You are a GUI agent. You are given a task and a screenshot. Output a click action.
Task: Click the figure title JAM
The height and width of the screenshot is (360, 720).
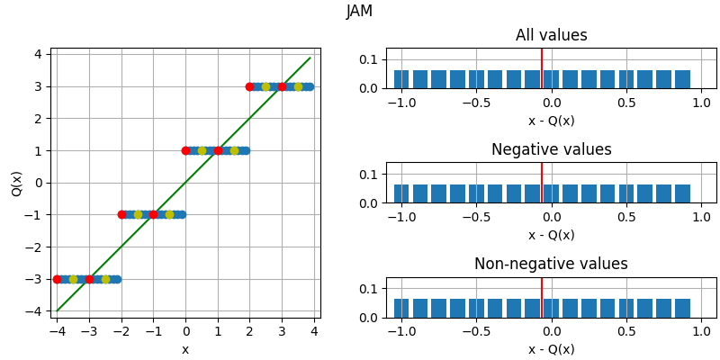(359, 12)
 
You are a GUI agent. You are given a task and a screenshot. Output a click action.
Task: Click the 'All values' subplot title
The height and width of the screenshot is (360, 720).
(551, 36)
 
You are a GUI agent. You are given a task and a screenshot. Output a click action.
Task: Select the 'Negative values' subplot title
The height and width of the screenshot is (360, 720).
(551, 150)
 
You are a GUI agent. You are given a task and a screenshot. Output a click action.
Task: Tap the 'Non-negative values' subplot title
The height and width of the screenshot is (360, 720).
(551, 265)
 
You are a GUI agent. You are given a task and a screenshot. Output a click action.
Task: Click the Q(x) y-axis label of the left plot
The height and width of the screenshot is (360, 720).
(17, 183)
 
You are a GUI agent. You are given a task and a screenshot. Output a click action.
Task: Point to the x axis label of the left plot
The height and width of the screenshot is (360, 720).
(185, 349)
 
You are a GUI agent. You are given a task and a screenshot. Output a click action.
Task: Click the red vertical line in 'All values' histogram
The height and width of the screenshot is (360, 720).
(542, 68)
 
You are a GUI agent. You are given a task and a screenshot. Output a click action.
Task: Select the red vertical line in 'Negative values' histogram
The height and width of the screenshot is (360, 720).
(542, 183)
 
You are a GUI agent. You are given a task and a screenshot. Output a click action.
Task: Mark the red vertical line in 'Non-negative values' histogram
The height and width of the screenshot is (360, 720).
(542, 297)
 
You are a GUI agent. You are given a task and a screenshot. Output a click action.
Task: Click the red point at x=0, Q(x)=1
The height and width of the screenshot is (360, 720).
(185, 150)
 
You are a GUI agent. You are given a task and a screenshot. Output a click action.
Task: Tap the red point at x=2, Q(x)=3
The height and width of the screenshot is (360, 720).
(249, 86)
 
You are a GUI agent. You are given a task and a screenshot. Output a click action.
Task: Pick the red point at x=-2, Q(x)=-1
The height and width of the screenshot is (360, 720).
(121, 214)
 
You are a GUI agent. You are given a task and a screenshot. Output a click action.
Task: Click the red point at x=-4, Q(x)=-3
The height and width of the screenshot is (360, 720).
(58, 279)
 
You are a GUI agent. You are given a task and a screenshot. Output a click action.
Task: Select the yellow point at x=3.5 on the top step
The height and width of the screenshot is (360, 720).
(298, 86)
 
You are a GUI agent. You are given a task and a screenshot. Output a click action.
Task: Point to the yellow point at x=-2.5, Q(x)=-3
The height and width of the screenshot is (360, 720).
(105, 279)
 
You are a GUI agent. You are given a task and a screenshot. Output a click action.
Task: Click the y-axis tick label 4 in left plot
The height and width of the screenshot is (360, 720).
(38, 54)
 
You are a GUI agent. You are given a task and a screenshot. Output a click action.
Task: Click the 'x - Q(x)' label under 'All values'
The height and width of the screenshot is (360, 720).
(551, 121)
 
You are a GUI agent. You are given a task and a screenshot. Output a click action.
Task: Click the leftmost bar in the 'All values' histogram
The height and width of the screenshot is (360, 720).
(401, 79)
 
